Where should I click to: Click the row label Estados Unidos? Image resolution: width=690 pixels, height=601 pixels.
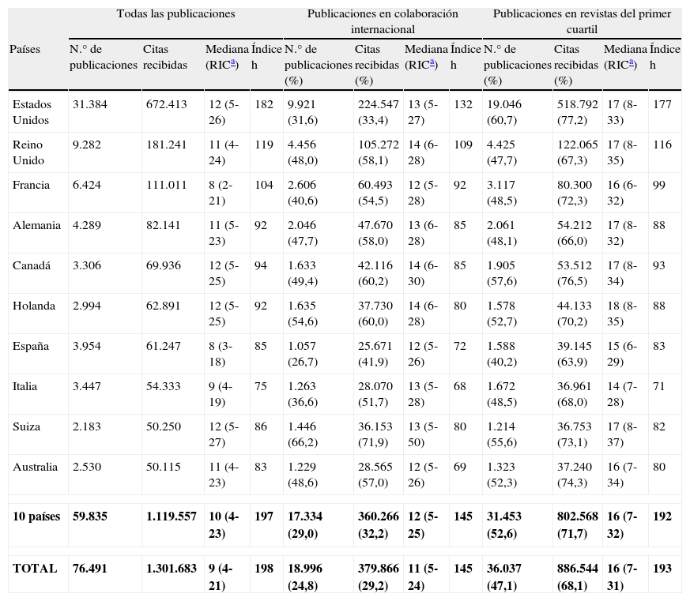tap(31, 112)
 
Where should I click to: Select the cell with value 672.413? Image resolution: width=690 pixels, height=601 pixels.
tap(166, 104)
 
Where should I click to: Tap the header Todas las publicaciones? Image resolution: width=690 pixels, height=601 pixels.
tap(175, 14)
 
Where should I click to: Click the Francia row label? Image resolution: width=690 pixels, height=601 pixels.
tap(32, 185)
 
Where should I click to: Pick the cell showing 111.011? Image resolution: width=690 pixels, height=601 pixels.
tap(166, 185)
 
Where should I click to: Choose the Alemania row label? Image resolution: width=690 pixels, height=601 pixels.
tap(36, 225)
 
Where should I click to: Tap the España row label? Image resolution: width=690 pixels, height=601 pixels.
tap(31, 346)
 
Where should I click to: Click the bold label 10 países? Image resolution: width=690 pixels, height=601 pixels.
tap(36, 516)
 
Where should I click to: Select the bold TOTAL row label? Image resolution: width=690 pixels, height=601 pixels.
tap(35, 568)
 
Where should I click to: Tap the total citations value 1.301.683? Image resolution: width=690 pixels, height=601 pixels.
tap(171, 568)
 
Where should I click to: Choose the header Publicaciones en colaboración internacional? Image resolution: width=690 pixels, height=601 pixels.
tap(383, 21)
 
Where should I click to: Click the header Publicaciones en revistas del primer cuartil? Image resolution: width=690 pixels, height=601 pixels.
tap(581, 21)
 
